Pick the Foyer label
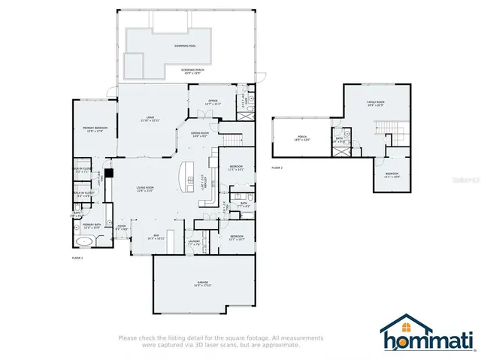point(121,226)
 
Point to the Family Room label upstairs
point(375,101)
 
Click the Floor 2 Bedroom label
point(392,176)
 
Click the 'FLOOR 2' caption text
point(277,168)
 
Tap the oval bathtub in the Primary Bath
point(84,242)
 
